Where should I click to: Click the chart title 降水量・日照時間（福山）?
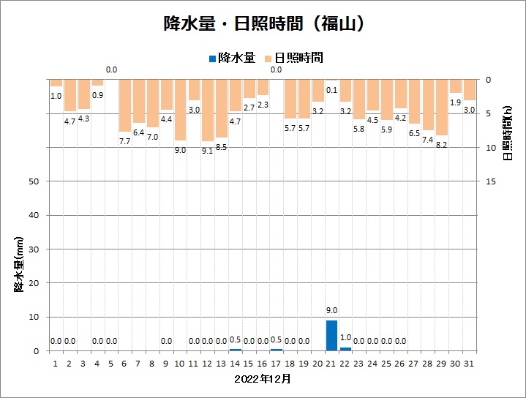coord(263,24)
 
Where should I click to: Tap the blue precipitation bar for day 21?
coord(331,335)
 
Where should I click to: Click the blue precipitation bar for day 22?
coord(345,348)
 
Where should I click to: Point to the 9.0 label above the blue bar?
coord(331,310)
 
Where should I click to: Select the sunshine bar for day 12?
coord(208,110)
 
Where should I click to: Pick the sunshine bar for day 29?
coord(442,107)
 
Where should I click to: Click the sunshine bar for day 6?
coord(124,105)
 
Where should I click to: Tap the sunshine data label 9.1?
coord(208,151)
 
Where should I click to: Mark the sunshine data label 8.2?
coord(442,145)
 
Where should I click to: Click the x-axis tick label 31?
coord(470,363)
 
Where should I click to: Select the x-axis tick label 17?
coord(277,363)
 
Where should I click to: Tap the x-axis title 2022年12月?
coord(263,379)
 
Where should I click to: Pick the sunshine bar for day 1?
coord(56,83)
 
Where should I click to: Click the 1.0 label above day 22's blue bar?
coord(345,337)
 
